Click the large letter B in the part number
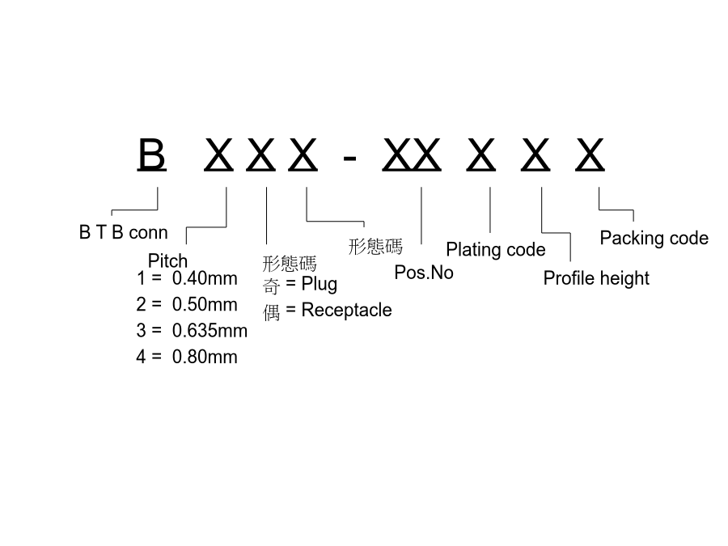tap(152, 154)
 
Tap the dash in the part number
tap(349, 159)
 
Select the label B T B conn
tap(124, 232)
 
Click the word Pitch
tap(167, 261)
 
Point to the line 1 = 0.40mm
tap(187, 278)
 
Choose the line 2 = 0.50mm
tap(187, 304)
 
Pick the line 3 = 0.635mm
tap(192, 331)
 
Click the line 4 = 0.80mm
tap(187, 357)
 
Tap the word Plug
tap(320, 284)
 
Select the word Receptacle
tap(347, 310)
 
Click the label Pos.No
tap(424, 273)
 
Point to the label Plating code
tap(496, 250)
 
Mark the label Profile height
tap(596, 278)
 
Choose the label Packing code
tap(654, 238)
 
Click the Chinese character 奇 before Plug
tap(272, 286)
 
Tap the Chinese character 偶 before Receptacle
tap(272, 312)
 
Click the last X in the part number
tap(590, 155)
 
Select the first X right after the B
tap(218, 155)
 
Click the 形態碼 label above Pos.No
tap(375, 247)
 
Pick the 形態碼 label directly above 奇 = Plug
tap(290, 264)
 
